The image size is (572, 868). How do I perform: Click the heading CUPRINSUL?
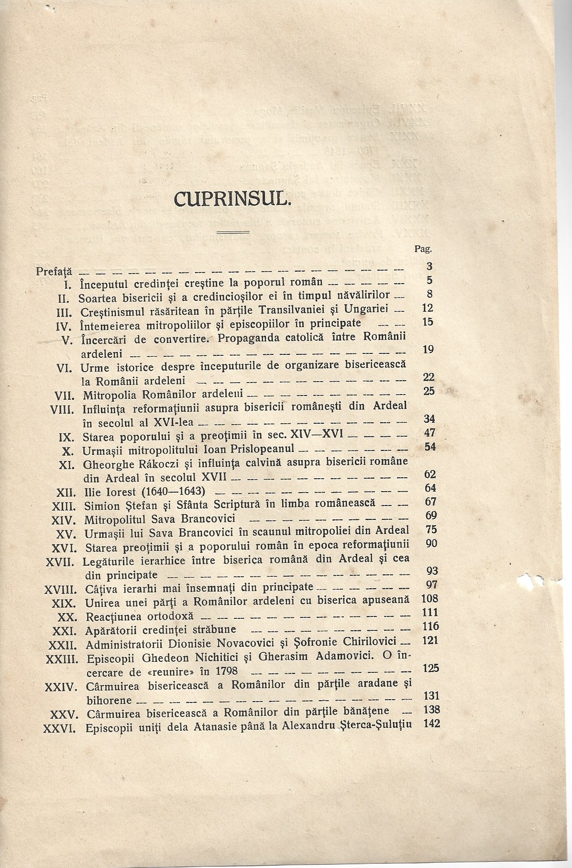(x=232, y=198)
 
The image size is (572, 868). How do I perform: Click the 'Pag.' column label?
(x=424, y=249)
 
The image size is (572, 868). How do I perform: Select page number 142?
(x=431, y=724)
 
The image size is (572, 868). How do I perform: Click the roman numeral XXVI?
(x=59, y=729)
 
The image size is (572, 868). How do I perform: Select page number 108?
(x=429, y=599)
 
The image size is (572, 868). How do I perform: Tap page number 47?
(x=429, y=433)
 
